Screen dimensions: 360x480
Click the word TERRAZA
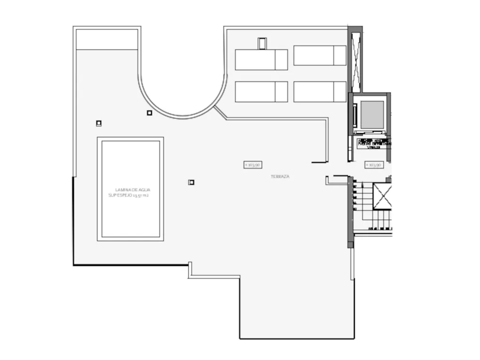point(280,176)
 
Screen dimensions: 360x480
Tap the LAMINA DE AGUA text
point(133,190)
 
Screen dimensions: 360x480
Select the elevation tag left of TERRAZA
point(253,165)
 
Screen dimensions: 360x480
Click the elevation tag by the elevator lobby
point(374,165)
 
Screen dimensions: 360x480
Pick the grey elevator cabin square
point(372,114)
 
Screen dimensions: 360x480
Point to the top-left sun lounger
point(261,60)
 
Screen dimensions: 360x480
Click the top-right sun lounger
point(320,56)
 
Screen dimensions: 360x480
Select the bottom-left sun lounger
point(261,92)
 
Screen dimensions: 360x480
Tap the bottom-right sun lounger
point(320,92)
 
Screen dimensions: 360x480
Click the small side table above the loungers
point(262,43)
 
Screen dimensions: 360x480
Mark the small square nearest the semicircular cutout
point(149,112)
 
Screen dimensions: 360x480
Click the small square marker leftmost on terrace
point(98,123)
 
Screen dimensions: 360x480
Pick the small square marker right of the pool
point(191,182)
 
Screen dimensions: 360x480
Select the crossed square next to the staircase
point(382,196)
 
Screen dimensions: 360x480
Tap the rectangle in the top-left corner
point(107,39)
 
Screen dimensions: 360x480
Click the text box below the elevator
point(373,143)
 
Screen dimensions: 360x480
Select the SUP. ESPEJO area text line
point(128,195)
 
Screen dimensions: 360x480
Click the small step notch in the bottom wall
point(191,271)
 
